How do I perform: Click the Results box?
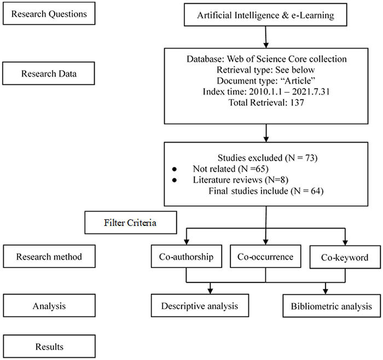[x=48, y=346]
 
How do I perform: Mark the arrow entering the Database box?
[x=265, y=42]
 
